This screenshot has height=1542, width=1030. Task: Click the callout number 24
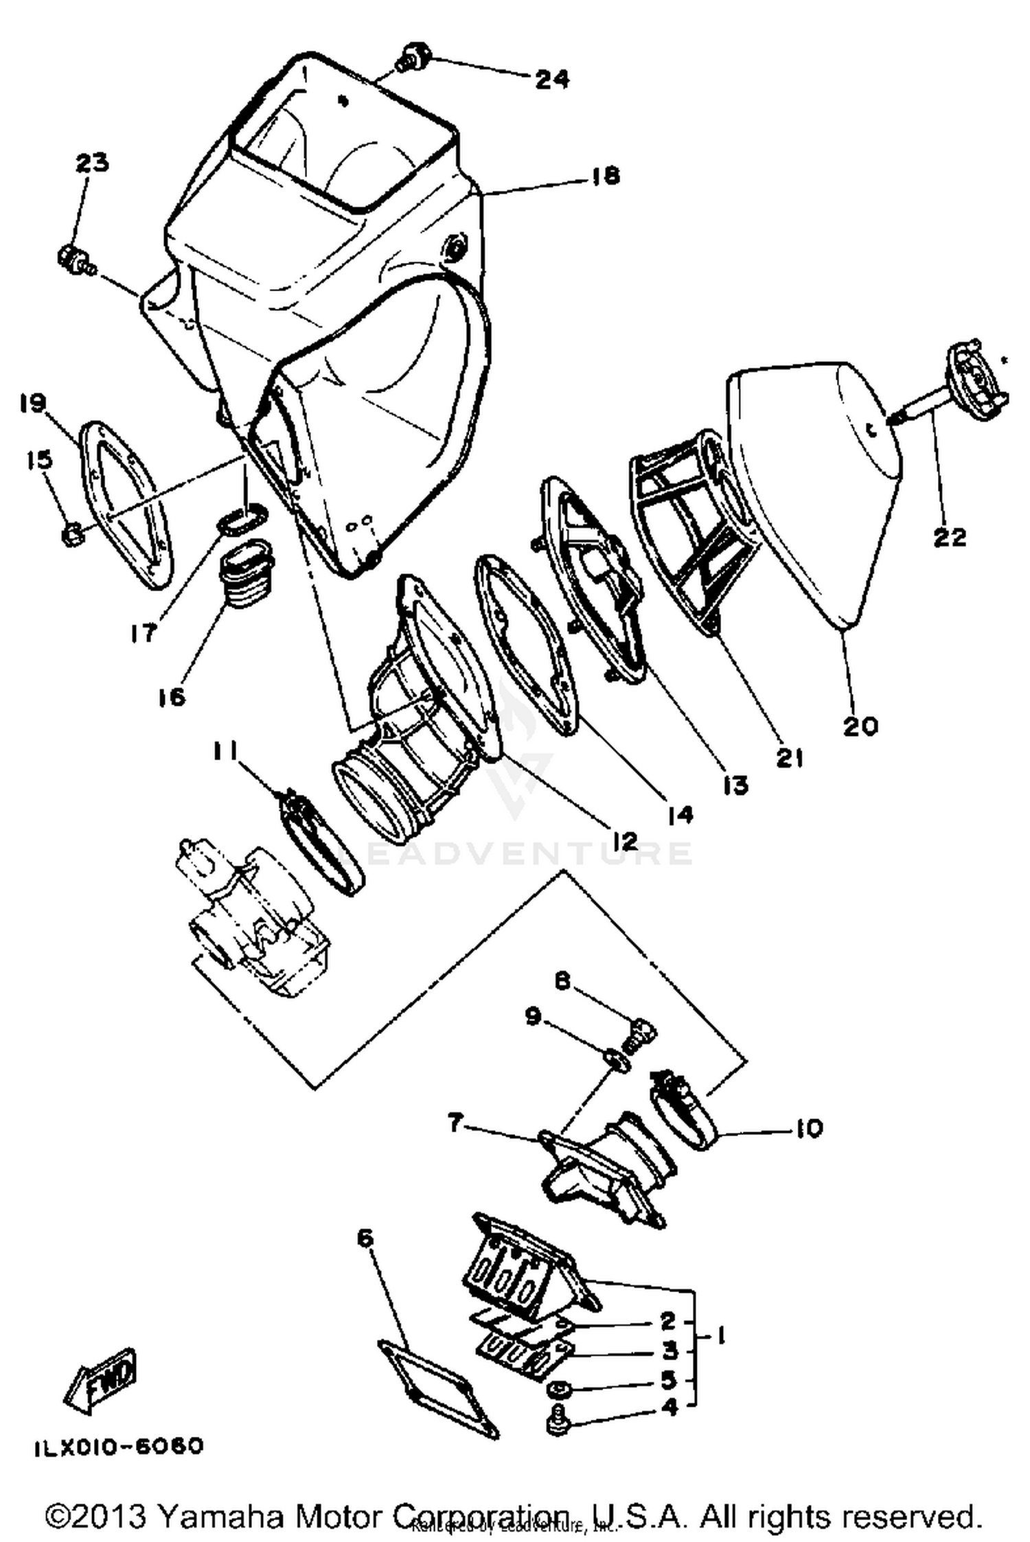point(552,79)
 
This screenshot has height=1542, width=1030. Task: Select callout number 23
point(92,163)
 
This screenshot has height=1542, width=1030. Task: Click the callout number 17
point(144,632)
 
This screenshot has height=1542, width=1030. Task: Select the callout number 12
point(625,840)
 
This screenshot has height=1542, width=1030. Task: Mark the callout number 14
point(680,814)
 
